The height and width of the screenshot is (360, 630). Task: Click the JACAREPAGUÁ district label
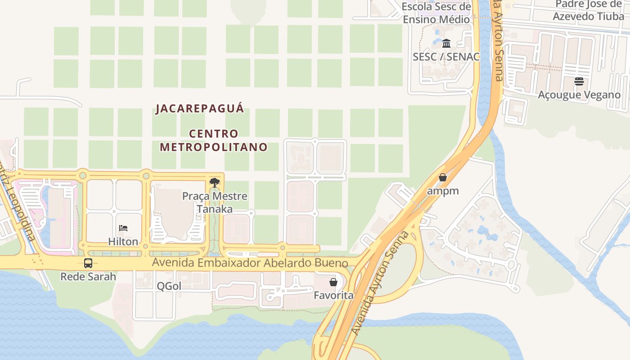click(200, 109)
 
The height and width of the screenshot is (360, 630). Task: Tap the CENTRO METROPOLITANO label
click(214, 140)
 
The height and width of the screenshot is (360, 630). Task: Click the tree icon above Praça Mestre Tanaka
click(215, 182)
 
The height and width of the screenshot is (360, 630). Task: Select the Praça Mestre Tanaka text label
click(215, 202)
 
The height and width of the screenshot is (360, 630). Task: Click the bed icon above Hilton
click(123, 228)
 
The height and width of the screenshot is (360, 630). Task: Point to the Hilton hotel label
click(123, 242)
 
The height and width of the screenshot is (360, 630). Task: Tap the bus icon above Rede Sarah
click(88, 263)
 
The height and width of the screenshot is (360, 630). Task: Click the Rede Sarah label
click(88, 276)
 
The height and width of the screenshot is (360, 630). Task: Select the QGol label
click(169, 286)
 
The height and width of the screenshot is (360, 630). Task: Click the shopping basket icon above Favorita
click(333, 282)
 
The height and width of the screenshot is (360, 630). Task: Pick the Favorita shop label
click(333, 296)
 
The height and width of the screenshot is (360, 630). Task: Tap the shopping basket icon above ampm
click(443, 177)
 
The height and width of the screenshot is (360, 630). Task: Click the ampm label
click(443, 191)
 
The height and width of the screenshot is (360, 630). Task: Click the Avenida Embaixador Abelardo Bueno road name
click(250, 263)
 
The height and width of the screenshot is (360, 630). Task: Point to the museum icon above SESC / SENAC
click(446, 43)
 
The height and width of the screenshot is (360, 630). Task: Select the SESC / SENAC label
click(446, 57)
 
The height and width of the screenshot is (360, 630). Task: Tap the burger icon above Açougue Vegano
click(579, 81)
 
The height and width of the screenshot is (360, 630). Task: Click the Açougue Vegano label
click(579, 95)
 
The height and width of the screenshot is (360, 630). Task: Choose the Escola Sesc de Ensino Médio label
click(436, 13)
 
